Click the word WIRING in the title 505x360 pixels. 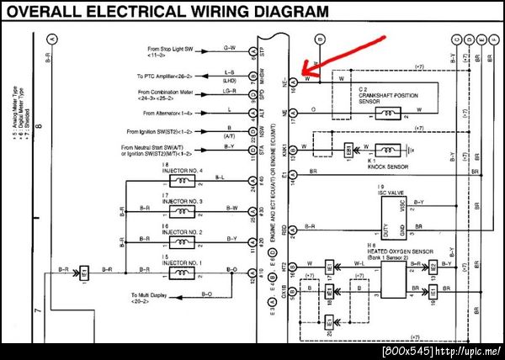179,13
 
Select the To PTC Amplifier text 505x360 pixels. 166,77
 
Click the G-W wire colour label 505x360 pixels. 230,47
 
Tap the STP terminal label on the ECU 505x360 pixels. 262,52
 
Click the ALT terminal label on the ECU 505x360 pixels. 262,112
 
